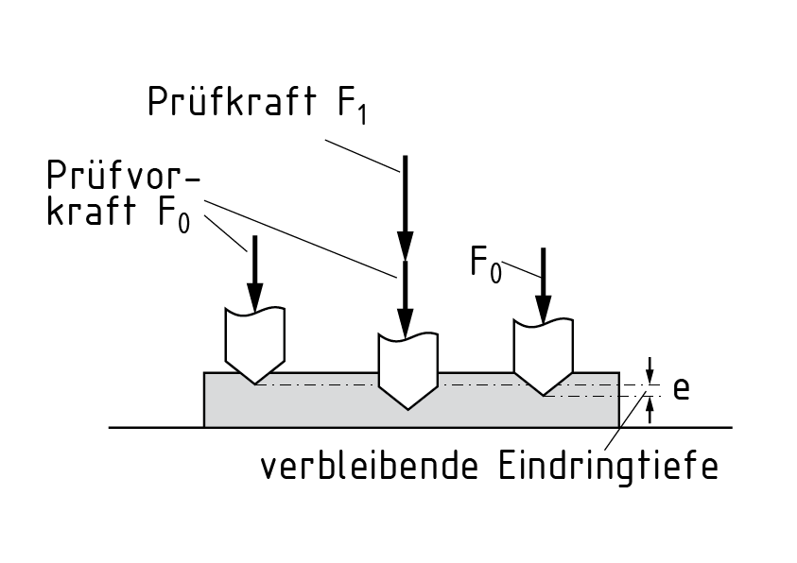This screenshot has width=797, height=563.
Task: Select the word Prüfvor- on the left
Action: click(x=114, y=177)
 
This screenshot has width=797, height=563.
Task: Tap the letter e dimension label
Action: click(x=680, y=387)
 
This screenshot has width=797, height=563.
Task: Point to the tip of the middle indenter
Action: click(x=407, y=409)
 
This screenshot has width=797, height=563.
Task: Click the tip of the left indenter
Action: click(x=255, y=384)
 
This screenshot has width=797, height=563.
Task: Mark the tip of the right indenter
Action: click(x=543, y=395)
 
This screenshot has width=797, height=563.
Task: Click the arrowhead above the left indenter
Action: click(x=254, y=297)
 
